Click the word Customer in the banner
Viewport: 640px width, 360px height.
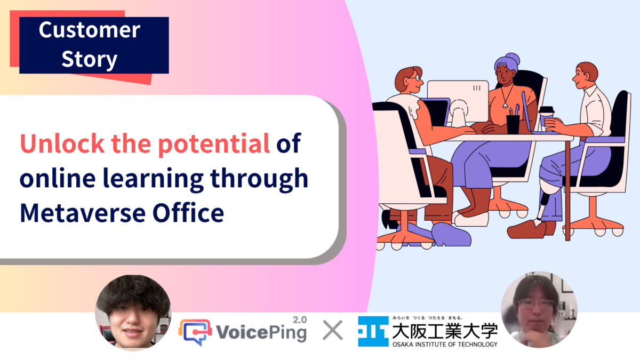point(90,30)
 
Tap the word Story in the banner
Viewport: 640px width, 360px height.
point(90,60)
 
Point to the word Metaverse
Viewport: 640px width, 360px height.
point(83,213)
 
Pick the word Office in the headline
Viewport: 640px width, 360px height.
point(188,212)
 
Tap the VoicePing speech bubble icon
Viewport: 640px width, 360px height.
point(195,332)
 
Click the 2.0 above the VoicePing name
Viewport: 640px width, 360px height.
point(300,319)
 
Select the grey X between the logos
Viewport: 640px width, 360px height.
point(333,330)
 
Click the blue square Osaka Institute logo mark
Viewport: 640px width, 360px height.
point(373,331)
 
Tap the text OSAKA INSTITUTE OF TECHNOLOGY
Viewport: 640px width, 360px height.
point(445,345)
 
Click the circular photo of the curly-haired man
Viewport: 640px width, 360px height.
point(133,313)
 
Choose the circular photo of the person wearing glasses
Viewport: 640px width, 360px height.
point(539,310)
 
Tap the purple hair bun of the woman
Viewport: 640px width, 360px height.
point(513,59)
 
